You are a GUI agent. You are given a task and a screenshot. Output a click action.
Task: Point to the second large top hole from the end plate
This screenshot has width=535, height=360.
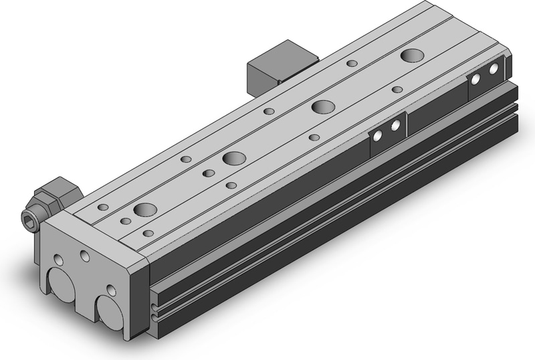click(x=234, y=159)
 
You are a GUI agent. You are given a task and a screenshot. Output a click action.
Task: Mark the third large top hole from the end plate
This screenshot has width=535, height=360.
click(x=324, y=106)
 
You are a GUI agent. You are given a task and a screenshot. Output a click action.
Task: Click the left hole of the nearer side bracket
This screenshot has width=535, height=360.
click(x=379, y=135)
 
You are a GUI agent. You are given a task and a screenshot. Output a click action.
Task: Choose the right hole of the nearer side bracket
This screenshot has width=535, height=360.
click(x=396, y=125)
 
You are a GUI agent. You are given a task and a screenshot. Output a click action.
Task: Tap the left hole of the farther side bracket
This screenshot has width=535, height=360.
click(x=476, y=79)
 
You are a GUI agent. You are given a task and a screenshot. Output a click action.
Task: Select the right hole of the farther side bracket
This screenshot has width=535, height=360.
click(x=494, y=69)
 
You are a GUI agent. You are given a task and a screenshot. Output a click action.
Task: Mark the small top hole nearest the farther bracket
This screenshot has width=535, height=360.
click(x=397, y=89)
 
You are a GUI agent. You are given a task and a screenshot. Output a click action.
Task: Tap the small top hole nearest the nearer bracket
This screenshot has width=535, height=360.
click(x=314, y=137)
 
